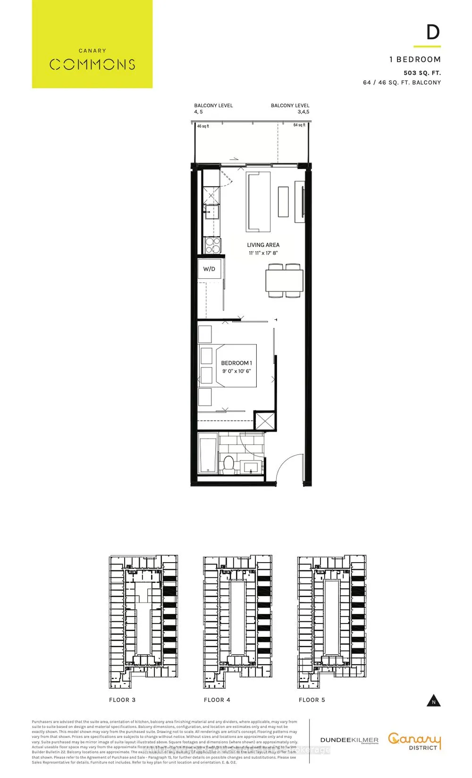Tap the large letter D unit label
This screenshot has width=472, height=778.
coord(433,32)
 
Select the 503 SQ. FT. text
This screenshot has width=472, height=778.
coord(422,73)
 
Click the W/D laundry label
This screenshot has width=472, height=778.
coord(209,269)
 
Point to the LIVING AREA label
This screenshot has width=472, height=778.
coord(263,245)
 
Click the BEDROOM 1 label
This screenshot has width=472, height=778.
coord(236,363)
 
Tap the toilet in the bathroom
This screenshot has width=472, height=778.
coord(229,464)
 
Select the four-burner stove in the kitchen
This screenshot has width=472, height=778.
coord(212,245)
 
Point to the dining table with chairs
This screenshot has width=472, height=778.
coord(284,281)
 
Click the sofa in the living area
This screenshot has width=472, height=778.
coord(258,202)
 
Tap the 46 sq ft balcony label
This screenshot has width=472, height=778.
coord(203,126)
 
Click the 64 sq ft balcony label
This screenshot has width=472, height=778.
coord(299,125)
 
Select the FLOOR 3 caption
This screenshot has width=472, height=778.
coord(122,700)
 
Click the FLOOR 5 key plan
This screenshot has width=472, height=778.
coord(332,622)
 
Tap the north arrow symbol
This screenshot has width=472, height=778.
coord(433,701)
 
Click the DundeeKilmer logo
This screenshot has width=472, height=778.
coord(349,740)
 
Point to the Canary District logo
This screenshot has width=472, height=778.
coord(414,741)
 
